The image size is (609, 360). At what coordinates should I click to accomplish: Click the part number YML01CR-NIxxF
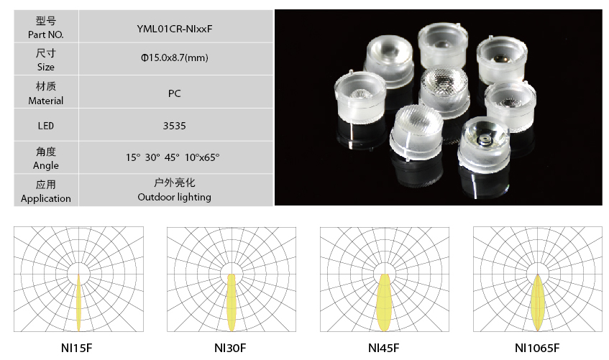click(x=175, y=29)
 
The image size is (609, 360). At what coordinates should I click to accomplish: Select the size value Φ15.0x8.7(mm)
click(x=175, y=58)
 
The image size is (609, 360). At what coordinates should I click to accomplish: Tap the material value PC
click(x=175, y=93)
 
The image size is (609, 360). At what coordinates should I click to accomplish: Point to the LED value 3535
click(x=175, y=126)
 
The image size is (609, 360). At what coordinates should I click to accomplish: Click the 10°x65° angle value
click(x=202, y=157)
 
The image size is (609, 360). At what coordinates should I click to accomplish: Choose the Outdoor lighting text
click(x=175, y=198)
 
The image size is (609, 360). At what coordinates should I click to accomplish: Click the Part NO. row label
click(x=46, y=34)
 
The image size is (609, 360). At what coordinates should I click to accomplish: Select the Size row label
click(x=46, y=67)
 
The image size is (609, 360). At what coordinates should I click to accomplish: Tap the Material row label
click(x=46, y=101)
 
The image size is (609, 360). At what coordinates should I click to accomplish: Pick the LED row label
click(x=46, y=126)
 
